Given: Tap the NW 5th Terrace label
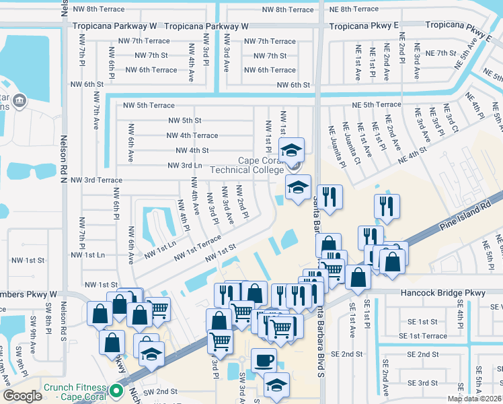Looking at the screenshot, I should [x=149, y=106].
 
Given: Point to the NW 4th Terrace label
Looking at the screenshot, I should [x=192, y=135].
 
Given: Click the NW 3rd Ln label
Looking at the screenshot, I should [x=180, y=165].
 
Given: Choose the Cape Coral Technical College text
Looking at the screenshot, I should [x=247, y=165].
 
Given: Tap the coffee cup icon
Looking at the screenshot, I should [x=264, y=359].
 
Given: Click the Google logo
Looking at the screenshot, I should [x=22, y=396].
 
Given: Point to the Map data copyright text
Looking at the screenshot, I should [x=475, y=399].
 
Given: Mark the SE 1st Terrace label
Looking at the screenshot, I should [x=422, y=335].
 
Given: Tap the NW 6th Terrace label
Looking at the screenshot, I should [x=148, y=70].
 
